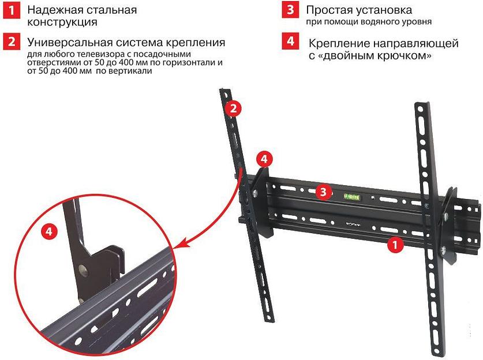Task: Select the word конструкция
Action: tap(62, 23)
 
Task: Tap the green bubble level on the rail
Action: tap(351, 196)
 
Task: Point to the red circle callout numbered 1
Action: tap(395, 245)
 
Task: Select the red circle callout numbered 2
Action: tap(232, 108)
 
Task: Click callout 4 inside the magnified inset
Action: tap(51, 231)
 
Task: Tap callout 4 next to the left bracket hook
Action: tap(263, 157)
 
